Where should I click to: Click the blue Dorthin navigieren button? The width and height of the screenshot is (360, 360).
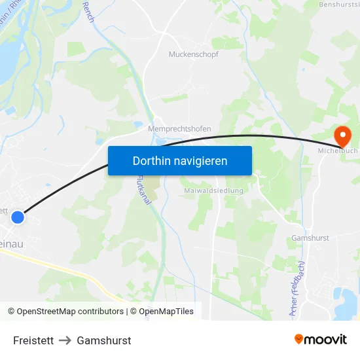[179, 160]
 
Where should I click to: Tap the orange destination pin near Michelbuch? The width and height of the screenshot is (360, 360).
[342, 136]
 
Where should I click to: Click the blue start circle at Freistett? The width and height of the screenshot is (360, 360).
[18, 217]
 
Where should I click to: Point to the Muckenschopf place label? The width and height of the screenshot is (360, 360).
[193, 54]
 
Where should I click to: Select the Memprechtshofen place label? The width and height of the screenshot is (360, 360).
[179, 129]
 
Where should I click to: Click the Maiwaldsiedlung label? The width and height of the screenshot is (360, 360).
[213, 190]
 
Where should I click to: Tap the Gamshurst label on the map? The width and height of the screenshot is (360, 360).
[310, 238]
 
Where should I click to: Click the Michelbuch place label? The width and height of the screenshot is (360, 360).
[338, 151]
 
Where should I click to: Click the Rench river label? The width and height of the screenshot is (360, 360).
[88, 12]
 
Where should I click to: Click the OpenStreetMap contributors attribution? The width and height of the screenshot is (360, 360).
[65, 312]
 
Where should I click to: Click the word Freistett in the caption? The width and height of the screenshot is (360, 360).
[33, 340]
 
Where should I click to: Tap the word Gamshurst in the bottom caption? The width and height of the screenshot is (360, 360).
[103, 340]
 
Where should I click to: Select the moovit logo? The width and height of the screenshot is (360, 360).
[320, 339]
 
